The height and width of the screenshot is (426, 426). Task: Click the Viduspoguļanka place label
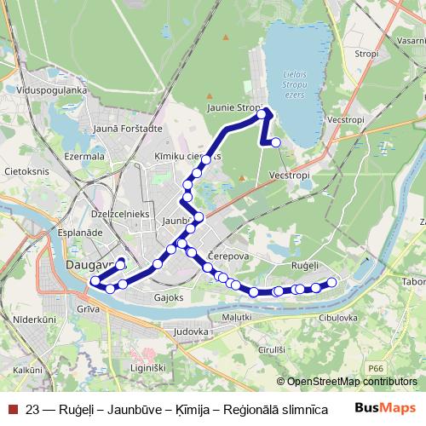click(52, 88)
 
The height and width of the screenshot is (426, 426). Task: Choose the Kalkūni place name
click(28, 371)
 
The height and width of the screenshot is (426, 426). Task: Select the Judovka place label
click(190, 330)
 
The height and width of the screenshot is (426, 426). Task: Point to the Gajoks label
click(169, 298)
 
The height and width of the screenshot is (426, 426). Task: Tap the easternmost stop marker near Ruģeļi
click(332, 283)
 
